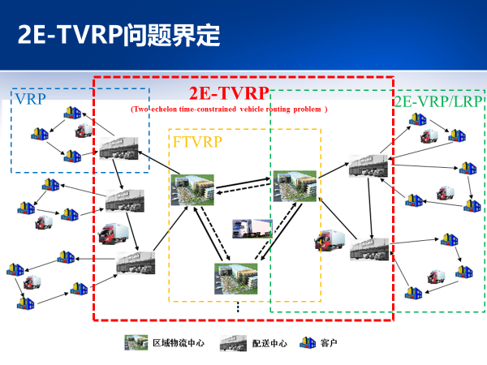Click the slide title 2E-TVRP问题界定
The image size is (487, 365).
point(119,34)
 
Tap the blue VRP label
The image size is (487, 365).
point(29,100)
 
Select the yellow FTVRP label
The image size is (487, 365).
point(198,141)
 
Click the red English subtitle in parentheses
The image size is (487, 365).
point(229,109)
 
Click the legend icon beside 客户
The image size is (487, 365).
point(308,343)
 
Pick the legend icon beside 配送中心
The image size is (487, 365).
point(233,343)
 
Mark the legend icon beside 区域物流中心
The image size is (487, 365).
point(136,343)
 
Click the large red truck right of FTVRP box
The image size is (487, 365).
point(329,241)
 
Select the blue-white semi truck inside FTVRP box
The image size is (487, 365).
point(252,229)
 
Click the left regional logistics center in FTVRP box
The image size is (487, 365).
point(192,189)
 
